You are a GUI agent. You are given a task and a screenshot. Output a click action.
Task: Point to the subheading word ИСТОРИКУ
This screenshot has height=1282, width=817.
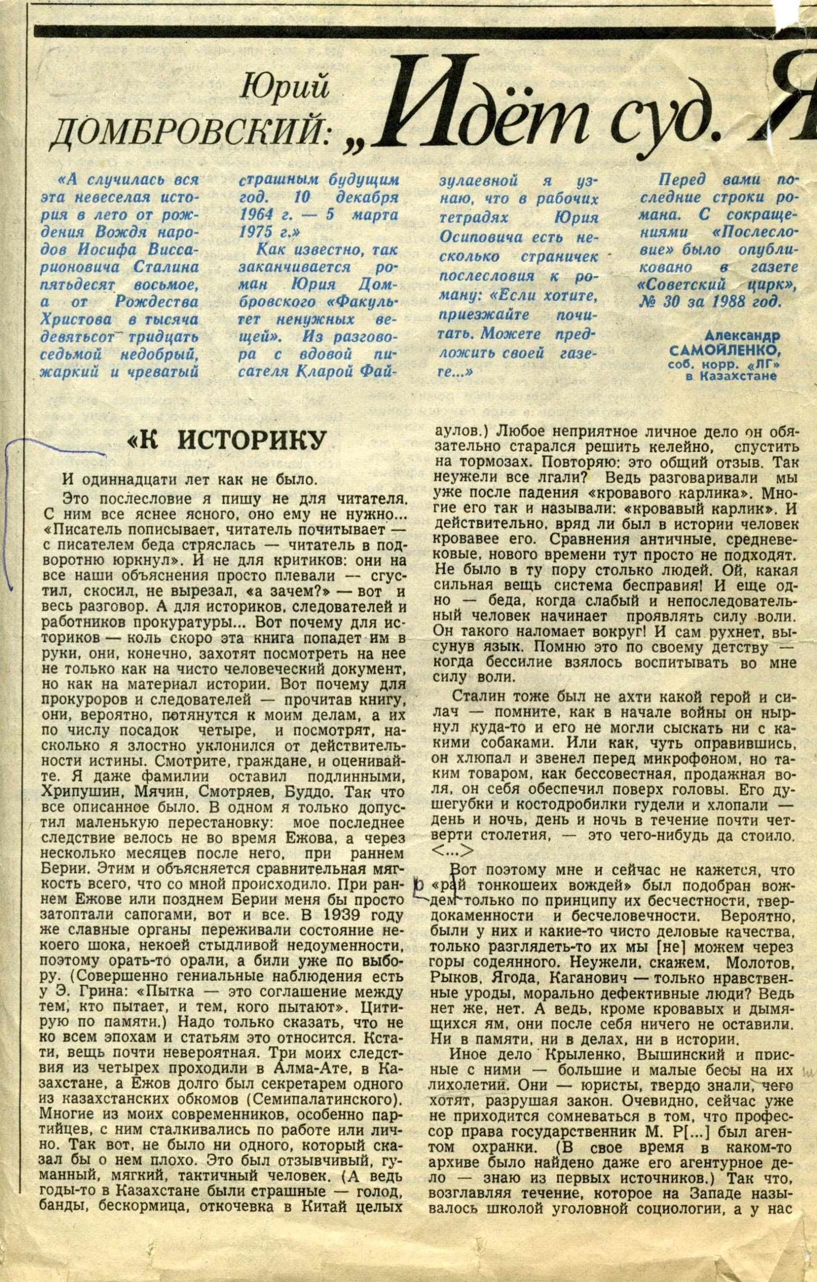[x=251, y=441]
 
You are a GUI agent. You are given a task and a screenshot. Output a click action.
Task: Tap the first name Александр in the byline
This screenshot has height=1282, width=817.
[x=742, y=337]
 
